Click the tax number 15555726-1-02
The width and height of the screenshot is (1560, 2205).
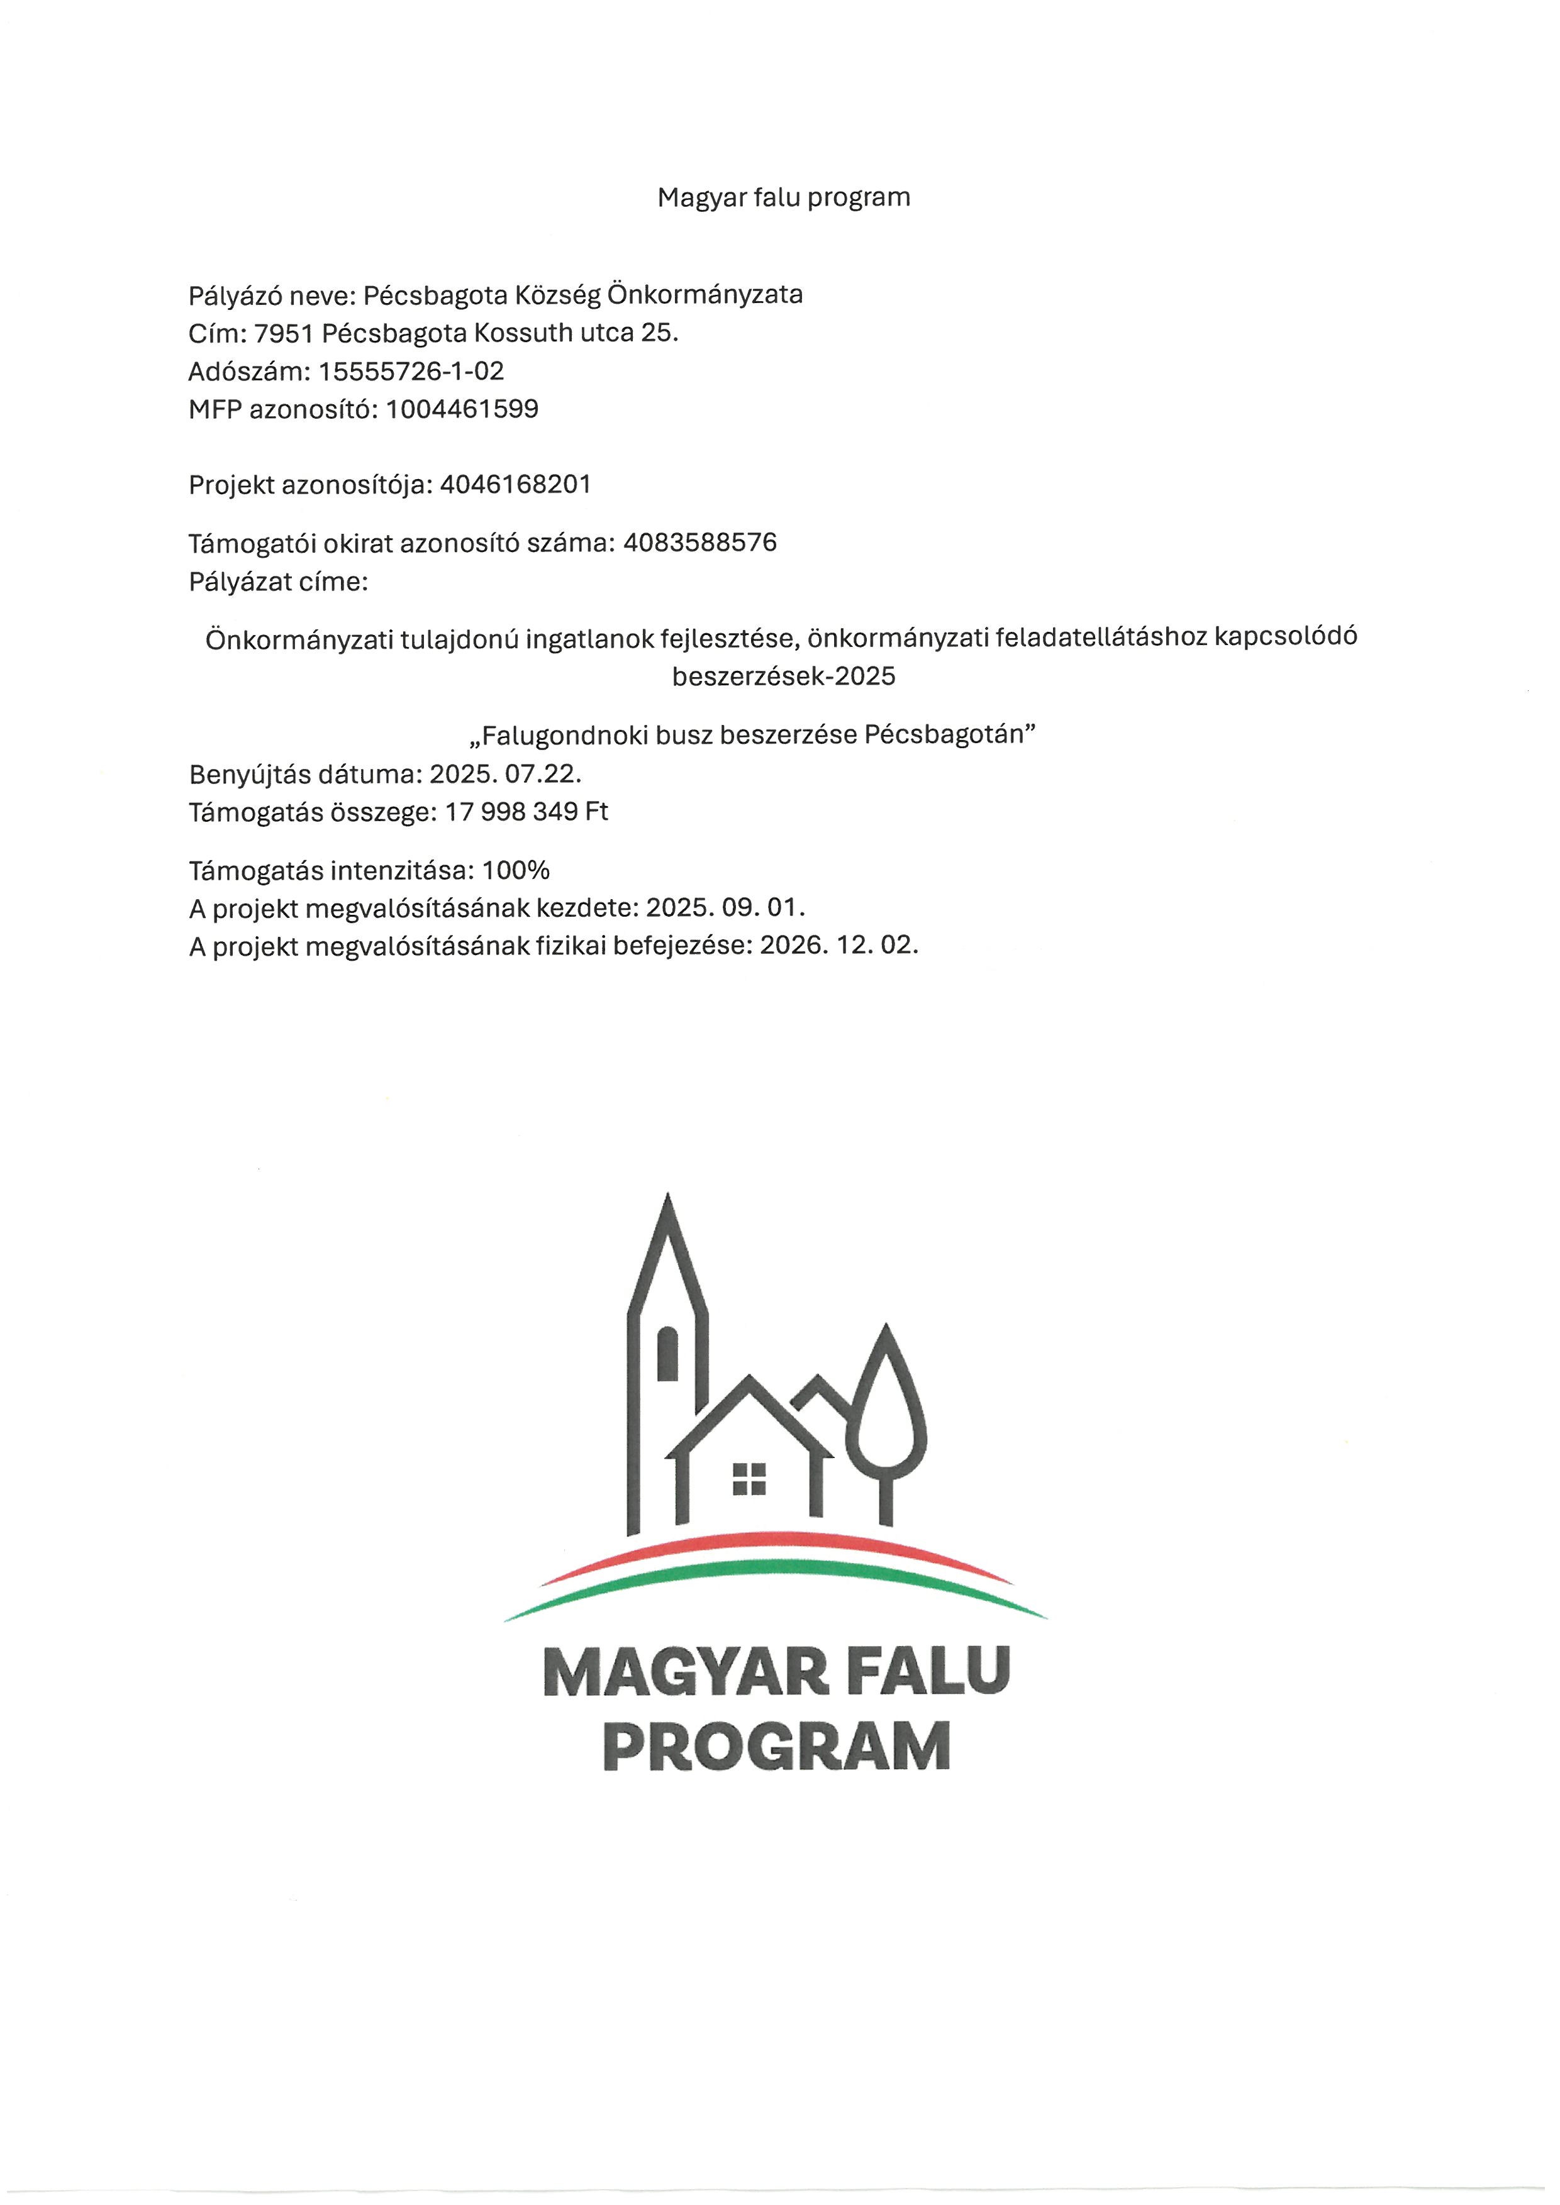coord(411,371)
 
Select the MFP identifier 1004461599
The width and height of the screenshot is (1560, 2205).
coord(462,409)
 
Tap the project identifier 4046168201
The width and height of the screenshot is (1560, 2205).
coord(515,484)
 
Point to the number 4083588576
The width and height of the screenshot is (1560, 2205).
coord(699,543)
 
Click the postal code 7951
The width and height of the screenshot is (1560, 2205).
coord(283,333)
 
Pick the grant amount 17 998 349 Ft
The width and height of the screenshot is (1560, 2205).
coord(526,812)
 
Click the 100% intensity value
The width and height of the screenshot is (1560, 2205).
coord(516,870)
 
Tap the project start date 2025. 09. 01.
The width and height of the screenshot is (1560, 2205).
coord(725,907)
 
